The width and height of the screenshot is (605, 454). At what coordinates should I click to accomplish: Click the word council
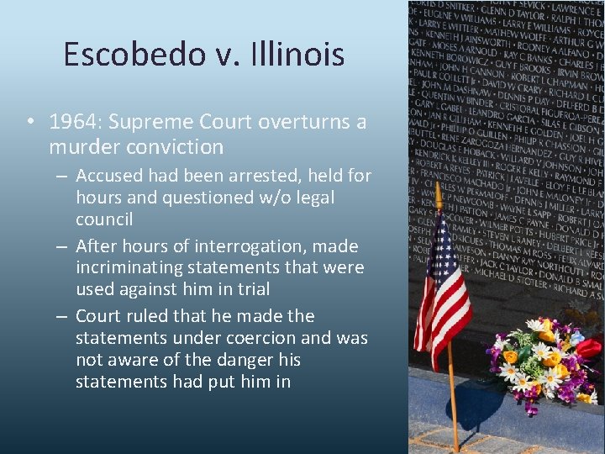[x=104, y=219]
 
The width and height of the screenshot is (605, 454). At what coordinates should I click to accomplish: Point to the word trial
[x=253, y=289]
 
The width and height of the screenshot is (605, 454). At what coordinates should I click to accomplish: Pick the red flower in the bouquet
[x=590, y=347]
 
